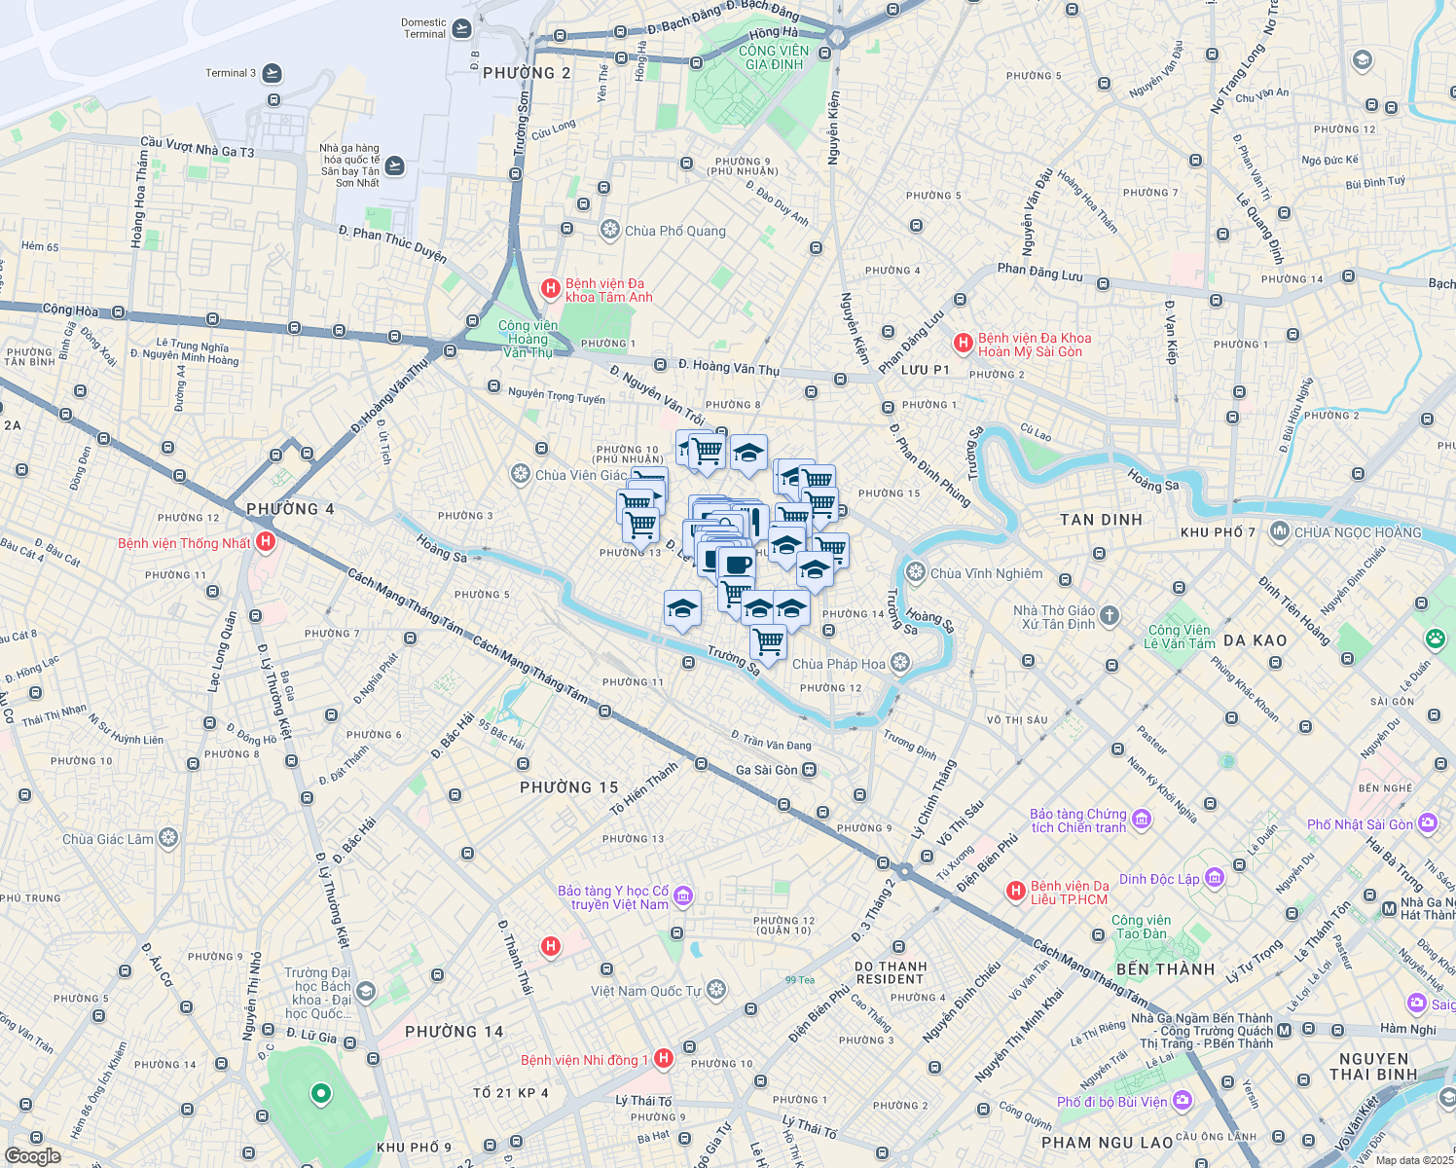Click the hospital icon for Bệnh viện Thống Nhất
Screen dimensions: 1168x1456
click(x=266, y=542)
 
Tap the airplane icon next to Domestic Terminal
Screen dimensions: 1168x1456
click(x=461, y=28)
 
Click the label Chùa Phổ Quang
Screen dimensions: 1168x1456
click(x=674, y=231)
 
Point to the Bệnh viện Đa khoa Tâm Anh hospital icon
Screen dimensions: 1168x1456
click(x=550, y=288)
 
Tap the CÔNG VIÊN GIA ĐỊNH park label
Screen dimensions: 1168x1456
click(x=774, y=57)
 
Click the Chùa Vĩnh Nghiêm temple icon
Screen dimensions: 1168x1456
click(x=915, y=572)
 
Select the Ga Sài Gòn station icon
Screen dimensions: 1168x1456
click(x=810, y=770)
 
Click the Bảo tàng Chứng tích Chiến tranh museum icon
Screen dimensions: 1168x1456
click(x=1142, y=820)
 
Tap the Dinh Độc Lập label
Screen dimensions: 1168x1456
click(x=1159, y=879)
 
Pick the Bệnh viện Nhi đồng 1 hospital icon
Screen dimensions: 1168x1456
click(x=663, y=1059)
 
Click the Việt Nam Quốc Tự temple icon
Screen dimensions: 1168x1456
click(x=716, y=990)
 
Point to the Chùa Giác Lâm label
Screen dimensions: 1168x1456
click(x=108, y=839)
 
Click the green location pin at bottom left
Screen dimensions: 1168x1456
click(x=320, y=1095)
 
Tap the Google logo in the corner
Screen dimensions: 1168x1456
click(x=32, y=1156)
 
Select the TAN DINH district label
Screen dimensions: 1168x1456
click(x=1101, y=520)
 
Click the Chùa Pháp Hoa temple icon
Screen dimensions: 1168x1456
click(x=900, y=664)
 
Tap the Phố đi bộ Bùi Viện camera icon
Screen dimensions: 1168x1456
click(x=1183, y=1101)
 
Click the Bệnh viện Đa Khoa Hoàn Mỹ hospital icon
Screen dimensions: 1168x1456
click(x=963, y=343)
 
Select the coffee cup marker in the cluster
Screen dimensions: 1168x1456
click(x=738, y=565)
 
